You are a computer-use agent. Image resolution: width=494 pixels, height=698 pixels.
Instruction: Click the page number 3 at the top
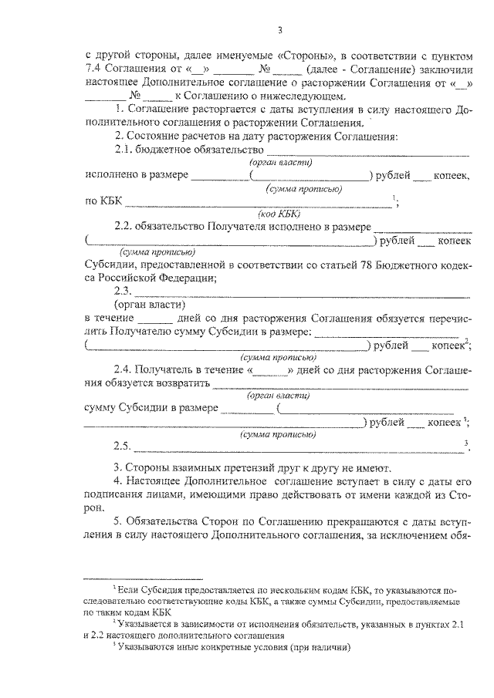click(280, 30)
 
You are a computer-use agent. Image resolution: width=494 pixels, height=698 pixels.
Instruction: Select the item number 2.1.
click(123, 150)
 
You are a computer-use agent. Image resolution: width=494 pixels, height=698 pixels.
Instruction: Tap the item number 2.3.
click(123, 291)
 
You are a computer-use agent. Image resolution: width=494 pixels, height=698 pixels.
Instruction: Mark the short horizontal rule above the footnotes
click(143, 578)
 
